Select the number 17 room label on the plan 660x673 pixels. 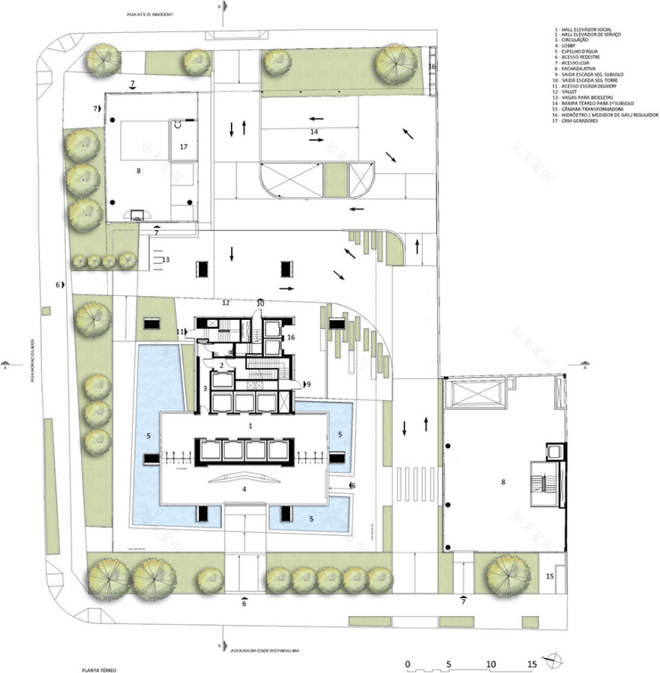tap(184, 147)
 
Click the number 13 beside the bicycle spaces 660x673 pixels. tap(166, 259)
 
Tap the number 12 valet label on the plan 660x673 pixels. tap(225, 303)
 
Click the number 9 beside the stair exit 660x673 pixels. tap(308, 384)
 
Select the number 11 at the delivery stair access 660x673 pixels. tap(179, 331)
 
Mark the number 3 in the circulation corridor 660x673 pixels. tap(204, 387)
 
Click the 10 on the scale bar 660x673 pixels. tap(490, 665)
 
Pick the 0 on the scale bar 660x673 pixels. tap(407, 665)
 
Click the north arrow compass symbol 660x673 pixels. tap(556, 659)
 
